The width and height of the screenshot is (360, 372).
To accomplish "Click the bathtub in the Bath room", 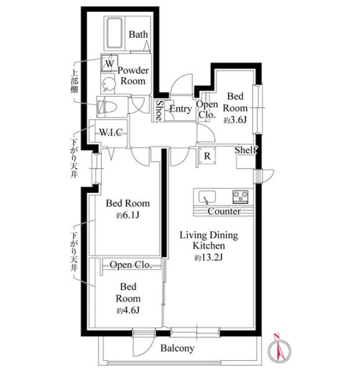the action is point(114,33).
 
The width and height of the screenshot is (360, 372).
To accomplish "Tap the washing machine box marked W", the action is point(109,63).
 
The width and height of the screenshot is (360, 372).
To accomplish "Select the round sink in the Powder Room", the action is point(106,84).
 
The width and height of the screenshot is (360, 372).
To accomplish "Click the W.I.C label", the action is point(111,132).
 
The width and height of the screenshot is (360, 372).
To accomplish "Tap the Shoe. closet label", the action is point(160,110).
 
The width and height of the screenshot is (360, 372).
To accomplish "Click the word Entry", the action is point(181,109).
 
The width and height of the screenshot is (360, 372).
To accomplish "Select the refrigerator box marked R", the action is point(207,156).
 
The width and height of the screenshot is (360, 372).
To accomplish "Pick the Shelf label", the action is point(246,150).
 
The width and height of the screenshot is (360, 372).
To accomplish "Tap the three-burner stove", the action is point(240,197).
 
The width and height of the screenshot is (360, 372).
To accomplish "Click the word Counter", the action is point(224,211).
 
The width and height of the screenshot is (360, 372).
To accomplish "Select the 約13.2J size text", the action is point(209,257).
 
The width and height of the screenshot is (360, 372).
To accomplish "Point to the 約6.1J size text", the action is point(127,215).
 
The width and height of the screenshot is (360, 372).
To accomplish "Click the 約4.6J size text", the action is point(128,310).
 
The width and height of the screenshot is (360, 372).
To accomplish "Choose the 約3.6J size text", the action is point(235,120).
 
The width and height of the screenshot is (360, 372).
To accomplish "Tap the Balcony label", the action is point(178,348).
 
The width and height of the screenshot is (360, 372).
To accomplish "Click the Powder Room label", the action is point(133,76).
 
